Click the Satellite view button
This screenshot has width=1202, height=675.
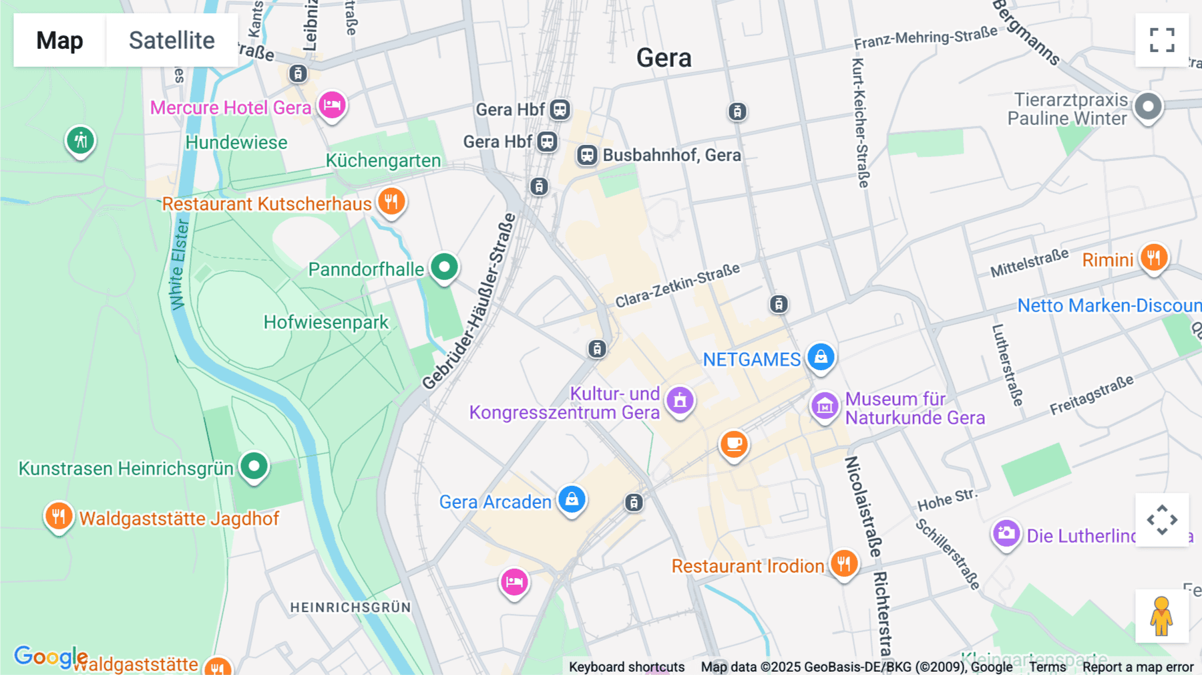[172, 40]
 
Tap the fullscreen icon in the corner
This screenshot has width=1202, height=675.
[1162, 40]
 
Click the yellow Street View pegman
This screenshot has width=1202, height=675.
[1162, 616]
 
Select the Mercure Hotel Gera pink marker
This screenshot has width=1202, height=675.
[332, 105]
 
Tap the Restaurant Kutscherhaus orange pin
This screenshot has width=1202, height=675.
[391, 201]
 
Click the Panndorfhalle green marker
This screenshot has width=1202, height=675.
[444, 267]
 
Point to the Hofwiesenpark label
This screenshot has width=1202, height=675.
[326, 322]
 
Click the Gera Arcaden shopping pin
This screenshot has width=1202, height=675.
[572, 499]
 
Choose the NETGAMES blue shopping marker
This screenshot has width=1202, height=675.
[821, 357]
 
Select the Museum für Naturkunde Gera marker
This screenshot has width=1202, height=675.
[825, 405]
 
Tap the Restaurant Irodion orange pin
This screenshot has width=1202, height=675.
[844, 564]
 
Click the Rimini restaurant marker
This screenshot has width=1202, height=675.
[1154, 257]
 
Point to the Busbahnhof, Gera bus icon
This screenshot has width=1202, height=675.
[587, 155]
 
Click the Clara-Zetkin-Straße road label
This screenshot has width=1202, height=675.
[677, 285]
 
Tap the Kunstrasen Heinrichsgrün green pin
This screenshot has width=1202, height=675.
[254, 466]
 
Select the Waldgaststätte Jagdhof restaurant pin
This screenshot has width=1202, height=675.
[59, 516]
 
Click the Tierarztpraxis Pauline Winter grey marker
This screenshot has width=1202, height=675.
[1149, 106]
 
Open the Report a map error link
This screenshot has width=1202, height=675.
[1138, 667]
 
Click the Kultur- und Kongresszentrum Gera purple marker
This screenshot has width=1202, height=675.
[680, 400]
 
